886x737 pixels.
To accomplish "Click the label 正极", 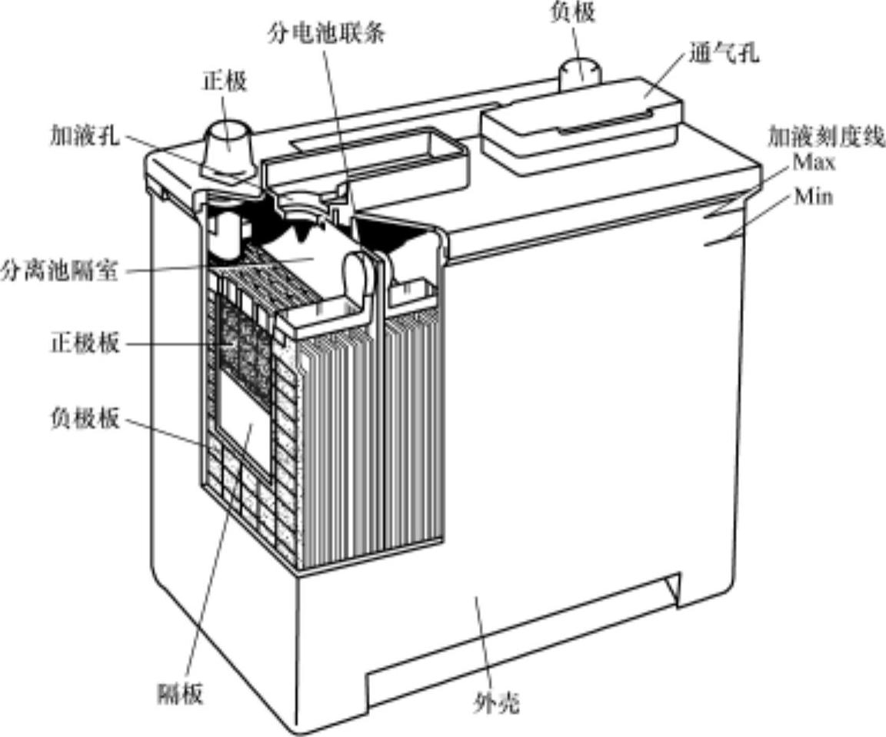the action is (225, 81).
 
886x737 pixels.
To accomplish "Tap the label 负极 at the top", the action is (573, 12).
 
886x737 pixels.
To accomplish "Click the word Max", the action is (814, 163).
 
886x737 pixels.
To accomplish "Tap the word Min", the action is (814, 197).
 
